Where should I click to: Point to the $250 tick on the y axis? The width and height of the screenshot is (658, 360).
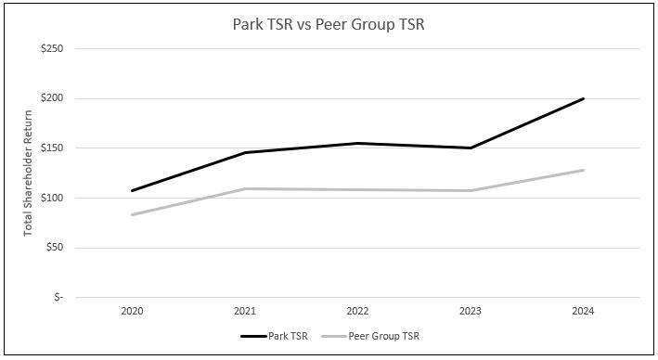point(51,48)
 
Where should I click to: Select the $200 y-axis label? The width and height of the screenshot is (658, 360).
point(51,98)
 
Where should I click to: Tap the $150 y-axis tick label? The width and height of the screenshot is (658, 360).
point(51,148)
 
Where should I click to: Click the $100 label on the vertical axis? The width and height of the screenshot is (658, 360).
point(51,198)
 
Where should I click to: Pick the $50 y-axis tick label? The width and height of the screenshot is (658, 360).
point(54,248)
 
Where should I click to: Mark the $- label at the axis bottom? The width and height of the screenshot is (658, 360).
point(58,297)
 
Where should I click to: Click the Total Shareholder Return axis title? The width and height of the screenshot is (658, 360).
point(30,173)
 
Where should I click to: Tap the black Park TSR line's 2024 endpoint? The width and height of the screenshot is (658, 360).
point(583,98)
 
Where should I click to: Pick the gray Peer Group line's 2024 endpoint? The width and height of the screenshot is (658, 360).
point(583,170)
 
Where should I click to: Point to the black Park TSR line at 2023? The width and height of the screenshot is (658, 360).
point(471,148)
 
